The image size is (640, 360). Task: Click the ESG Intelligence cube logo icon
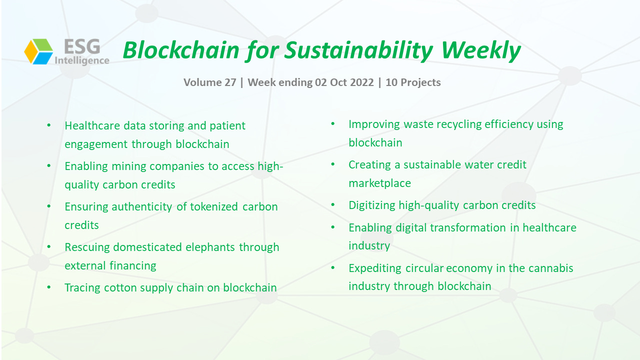pos(38,51)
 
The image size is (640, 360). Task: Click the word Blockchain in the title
pos(181,50)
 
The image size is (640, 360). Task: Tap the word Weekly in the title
pos(480,51)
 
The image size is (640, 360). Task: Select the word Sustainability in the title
pos(359,51)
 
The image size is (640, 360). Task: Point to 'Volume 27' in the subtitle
pos(209,82)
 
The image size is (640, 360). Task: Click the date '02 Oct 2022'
pos(344,82)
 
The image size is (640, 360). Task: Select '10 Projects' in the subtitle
pos(413,82)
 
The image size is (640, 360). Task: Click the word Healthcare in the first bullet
pos(92,125)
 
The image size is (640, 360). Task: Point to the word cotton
pos(119,287)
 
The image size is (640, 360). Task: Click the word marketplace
pos(379,183)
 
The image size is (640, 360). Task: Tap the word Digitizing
pos(371,205)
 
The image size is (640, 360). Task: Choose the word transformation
pos(467,227)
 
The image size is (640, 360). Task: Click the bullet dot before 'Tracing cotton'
pos(49,287)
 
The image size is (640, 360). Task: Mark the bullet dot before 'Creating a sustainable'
pos(333,164)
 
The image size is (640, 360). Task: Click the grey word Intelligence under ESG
pos(82,60)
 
